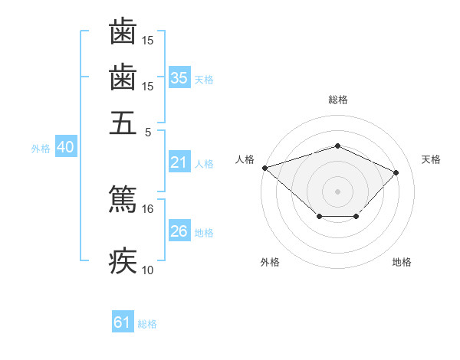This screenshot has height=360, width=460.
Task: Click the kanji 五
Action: [123, 123]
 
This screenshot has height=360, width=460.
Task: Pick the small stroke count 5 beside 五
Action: [148, 132]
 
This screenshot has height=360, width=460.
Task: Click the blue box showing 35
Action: [179, 78]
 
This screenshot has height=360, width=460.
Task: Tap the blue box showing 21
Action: [179, 162]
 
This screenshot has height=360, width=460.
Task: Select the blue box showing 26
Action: [179, 231]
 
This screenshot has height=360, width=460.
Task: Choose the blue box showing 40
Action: [65, 148]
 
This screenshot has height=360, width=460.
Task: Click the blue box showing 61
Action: [122, 322]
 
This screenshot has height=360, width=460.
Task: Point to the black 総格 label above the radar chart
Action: [337, 100]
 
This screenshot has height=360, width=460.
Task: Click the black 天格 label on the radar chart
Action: [431, 159]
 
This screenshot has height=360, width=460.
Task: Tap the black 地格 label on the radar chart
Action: [402, 262]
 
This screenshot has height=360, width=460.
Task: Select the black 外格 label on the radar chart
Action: [270, 262]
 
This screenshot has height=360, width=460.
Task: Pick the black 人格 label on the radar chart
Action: [245, 159]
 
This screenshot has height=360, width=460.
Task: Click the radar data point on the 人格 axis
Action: [264, 167]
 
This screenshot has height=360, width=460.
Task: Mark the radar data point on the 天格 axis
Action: [396, 172]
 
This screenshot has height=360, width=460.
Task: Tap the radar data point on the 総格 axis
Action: [337, 146]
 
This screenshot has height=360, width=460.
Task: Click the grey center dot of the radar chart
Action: [337, 191]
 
